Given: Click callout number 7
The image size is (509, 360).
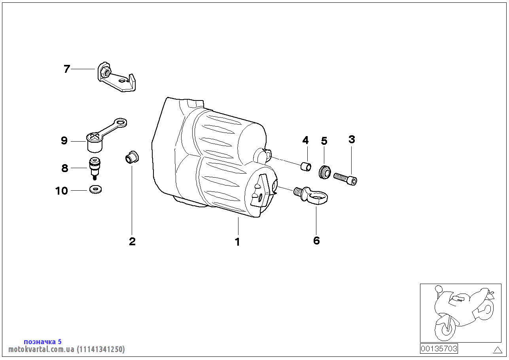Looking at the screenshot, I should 67,69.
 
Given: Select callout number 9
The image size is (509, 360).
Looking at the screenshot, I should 64,141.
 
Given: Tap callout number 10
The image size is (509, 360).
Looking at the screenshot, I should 62,191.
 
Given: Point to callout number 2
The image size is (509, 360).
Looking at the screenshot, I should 132,241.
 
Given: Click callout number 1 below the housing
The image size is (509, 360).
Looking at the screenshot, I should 238,242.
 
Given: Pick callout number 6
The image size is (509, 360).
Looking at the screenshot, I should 316,241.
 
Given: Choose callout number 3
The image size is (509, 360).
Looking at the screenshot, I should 352,139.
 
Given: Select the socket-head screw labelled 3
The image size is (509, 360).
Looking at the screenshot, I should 346,178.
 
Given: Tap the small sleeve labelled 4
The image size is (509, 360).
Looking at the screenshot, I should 305,167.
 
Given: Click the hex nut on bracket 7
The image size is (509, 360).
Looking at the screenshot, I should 105,72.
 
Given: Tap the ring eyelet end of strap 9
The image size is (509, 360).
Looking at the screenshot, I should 120,123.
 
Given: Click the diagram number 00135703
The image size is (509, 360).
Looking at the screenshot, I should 439,349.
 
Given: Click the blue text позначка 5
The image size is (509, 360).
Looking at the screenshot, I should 43,341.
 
